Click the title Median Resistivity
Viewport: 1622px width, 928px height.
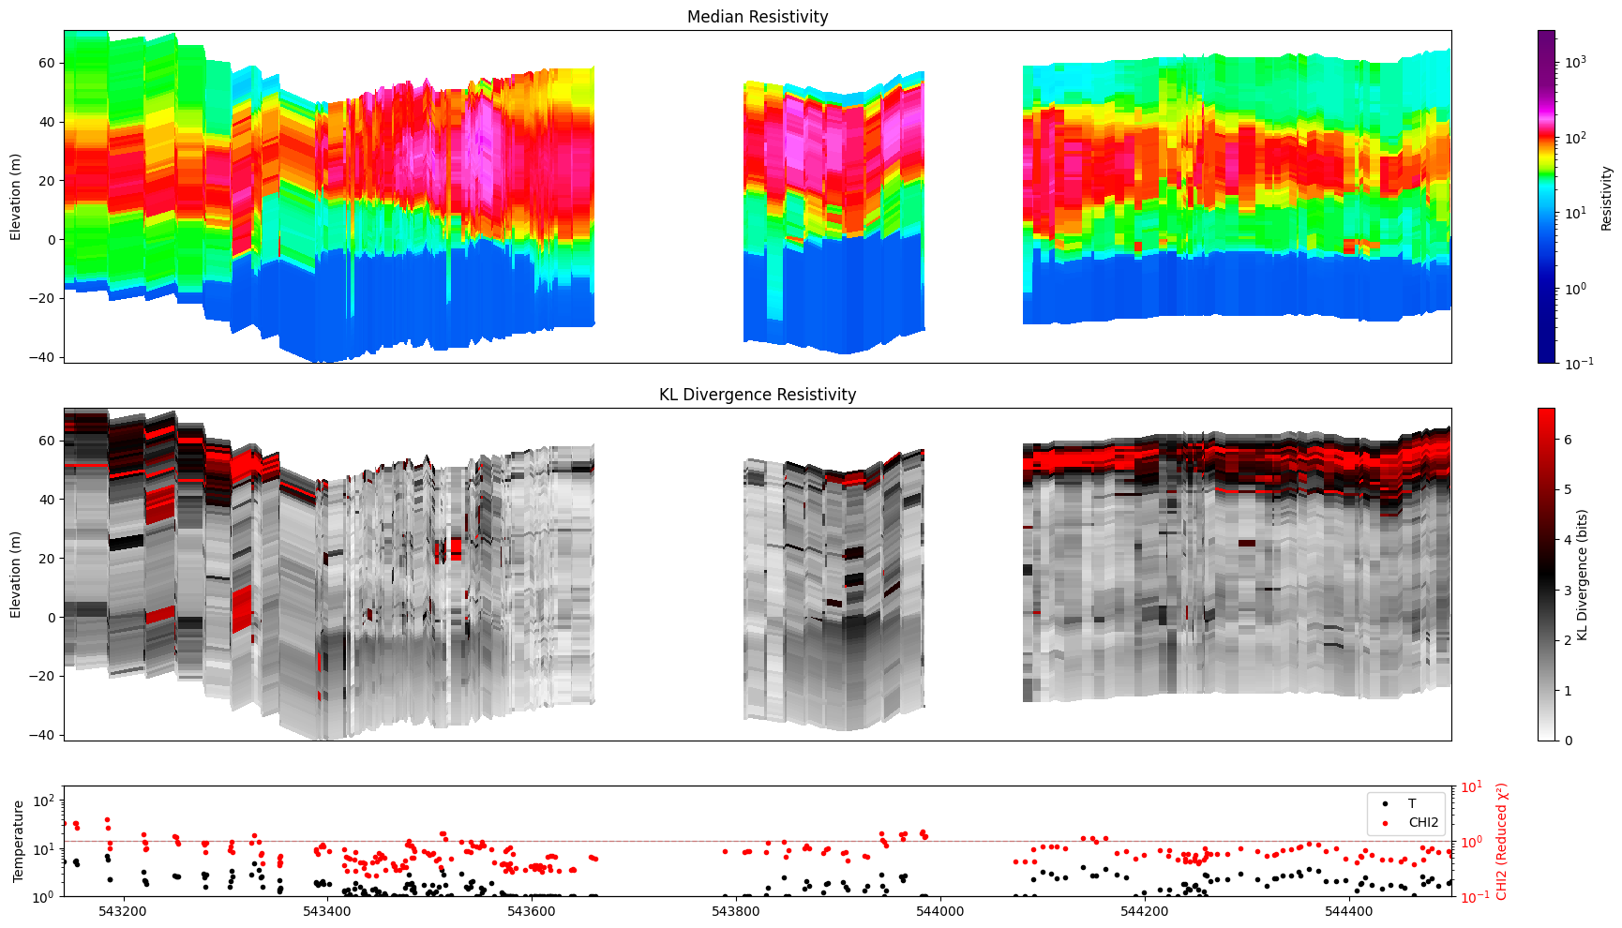[x=758, y=17]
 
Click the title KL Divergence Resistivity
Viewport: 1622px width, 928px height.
[x=758, y=395]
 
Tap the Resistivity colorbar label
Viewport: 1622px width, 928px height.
[x=1606, y=198]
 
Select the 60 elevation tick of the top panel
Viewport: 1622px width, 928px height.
[x=47, y=63]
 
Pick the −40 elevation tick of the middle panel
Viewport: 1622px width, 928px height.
[x=43, y=735]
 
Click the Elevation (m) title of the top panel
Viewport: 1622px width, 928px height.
[x=15, y=197]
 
